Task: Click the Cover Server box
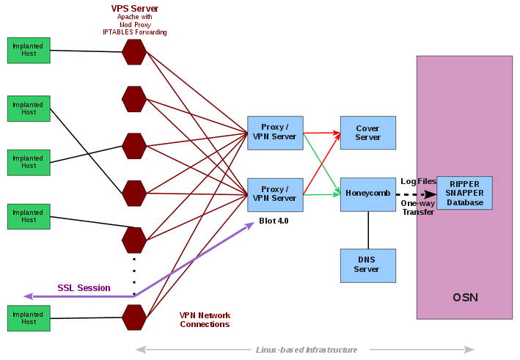pos(367,133)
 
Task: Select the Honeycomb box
pos(367,194)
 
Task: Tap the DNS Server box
pos(367,265)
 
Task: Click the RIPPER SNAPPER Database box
pos(464,193)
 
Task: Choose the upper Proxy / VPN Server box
pos(274,133)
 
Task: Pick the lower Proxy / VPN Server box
pos(274,194)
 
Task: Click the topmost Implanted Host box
pos(29,50)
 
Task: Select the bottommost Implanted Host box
pos(29,318)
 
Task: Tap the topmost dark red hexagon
pos(134,52)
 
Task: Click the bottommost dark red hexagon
pos(134,317)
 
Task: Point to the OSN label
pos(465,297)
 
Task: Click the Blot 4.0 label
pos(274,220)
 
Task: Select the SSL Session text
pos(84,288)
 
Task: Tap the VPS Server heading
pos(134,8)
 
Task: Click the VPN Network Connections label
pos(205,320)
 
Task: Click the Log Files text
pos(418,181)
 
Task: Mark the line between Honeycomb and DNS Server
pos(368,230)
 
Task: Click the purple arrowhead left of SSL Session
pos(29,296)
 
